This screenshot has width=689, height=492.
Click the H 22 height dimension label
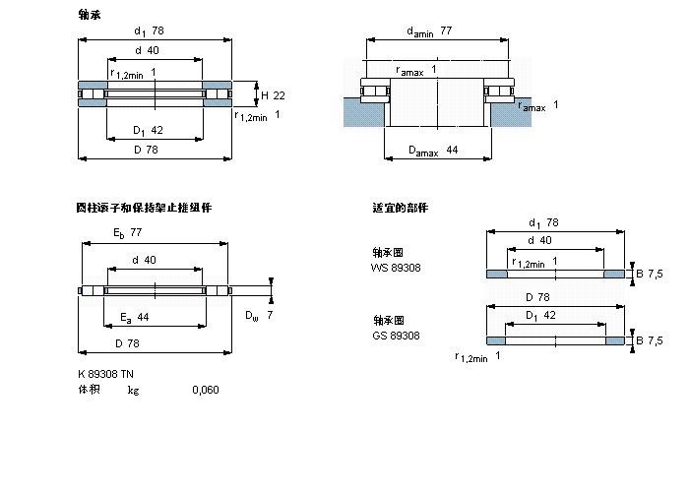[x=273, y=95]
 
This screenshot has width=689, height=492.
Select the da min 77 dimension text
[x=429, y=31]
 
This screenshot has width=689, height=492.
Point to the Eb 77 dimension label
[x=128, y=234]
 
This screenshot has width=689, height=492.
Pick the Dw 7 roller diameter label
[x=259, y=315]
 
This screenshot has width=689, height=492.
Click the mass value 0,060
[x=206, y=390]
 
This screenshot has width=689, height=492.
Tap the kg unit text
[x=133, y=391]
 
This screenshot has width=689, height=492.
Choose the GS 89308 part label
[x=395, y=335]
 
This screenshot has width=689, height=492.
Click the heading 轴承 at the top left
[x=89, y=14]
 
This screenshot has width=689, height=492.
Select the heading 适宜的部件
[x=400, y=207]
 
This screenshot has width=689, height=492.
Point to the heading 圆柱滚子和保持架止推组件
[x=144, y=208]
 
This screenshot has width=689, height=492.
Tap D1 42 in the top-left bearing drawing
[x=148, y=129]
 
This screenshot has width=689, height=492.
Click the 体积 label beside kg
[x=89, y=390]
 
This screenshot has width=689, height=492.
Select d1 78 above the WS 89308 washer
[x=543, y=222]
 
